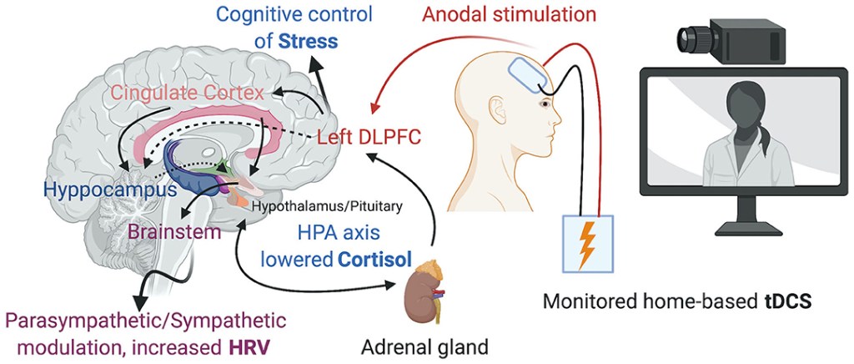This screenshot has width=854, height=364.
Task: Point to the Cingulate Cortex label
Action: (x=200, y=90)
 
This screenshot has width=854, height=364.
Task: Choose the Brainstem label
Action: (x=174, y=230)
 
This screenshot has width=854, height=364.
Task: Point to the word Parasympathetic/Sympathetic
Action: (x=146, y=321)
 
